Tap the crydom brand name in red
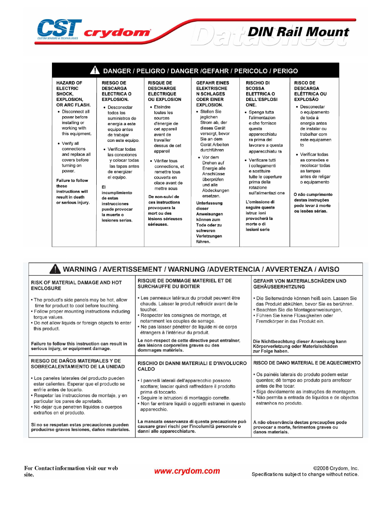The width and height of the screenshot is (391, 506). click(x=117, y=33)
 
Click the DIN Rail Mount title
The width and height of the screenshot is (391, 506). click(x=298, y=32)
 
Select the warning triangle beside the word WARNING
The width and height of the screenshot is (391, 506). click(x=55, y=269)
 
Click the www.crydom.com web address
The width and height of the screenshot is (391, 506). click(x=187, y=471)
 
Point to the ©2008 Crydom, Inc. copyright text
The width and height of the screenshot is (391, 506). click(x=336, y=468)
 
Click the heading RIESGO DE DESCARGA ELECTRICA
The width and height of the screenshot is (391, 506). click(x=116, y=91)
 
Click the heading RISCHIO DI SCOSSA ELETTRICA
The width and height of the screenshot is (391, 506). click(x=261, y=94)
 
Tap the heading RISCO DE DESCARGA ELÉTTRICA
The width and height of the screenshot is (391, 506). click(x=310, y=91)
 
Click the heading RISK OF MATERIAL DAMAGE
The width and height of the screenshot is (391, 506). click(x=76, y=285)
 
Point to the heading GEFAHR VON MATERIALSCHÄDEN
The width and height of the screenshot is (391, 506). click(x=299, y=284)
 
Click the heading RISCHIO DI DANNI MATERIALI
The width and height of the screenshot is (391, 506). click(x=192, y=366)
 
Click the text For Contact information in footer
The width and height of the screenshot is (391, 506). click(x=71, y=471)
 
